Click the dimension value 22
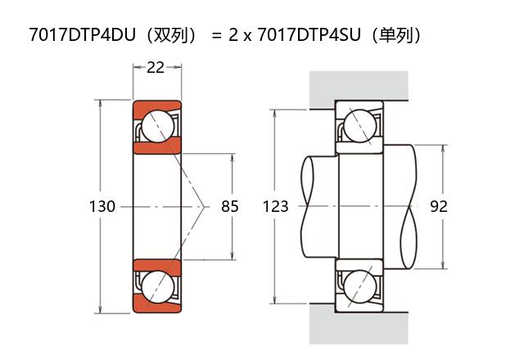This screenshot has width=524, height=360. pos(155,68)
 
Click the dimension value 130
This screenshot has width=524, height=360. pos(102,207)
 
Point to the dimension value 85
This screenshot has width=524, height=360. pos(230,207)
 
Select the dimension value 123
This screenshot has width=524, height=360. pos(276,207)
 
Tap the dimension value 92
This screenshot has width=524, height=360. pos(439,207)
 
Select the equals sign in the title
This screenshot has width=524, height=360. pos(217,36)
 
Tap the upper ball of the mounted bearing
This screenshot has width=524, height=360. pos(359,126)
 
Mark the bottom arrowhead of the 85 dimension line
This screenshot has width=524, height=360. pos(234,256)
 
